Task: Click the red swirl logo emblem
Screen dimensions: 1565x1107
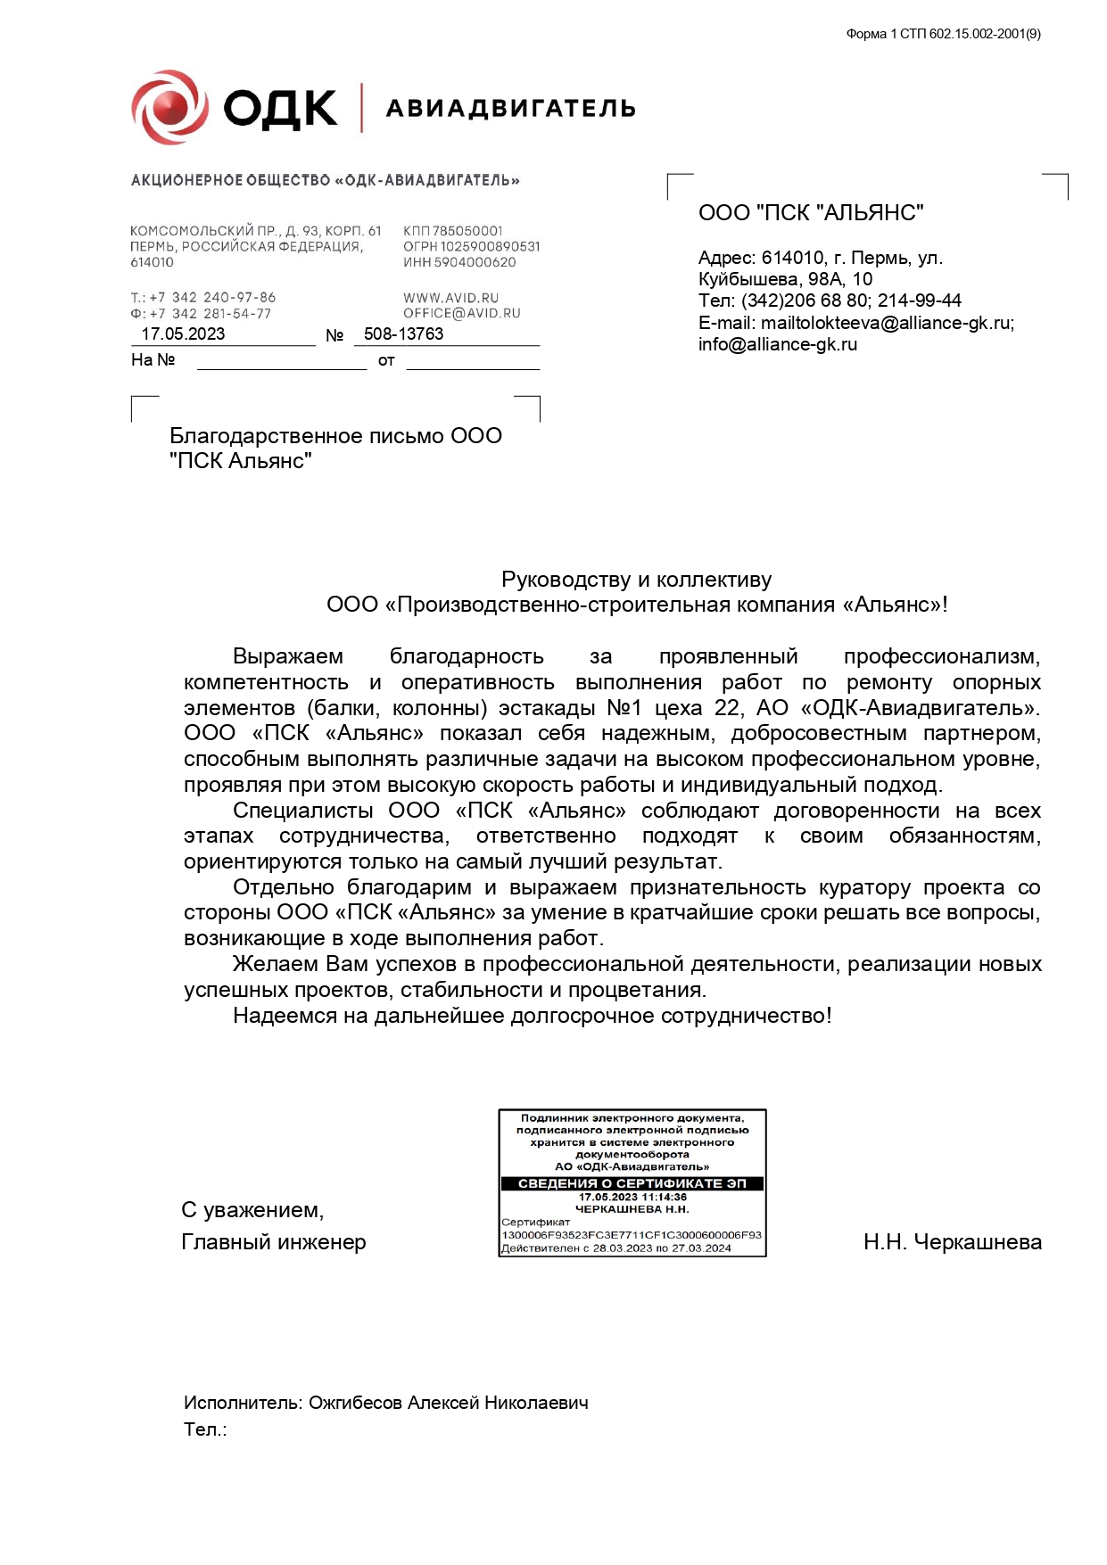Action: click(x=169, y=108)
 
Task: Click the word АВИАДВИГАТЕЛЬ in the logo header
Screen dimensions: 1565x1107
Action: click(x=510, y=109)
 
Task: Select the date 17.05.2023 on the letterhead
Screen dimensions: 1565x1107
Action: click(x=183, y=334)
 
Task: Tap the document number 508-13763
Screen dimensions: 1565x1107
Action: click(x=403, y=334)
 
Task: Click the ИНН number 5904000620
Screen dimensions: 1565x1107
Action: click(x=459, y=262)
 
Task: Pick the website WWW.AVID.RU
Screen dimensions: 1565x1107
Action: click(x=450, y=298)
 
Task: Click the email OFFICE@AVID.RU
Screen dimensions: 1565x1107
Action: click(x=461, y=314)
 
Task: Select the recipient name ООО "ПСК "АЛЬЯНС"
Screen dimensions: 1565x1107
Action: click(x=810, y=213)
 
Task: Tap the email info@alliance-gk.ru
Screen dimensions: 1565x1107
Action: click(x=777, y=345)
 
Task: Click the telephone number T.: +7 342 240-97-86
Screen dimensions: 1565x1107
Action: click(x=203, y=298)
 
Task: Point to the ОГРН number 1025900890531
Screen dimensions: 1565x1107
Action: click(x=471, y=246)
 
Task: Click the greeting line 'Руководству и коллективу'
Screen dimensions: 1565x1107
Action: click(x=636, y=580)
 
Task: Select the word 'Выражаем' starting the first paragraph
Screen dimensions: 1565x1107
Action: click(x=287, y=657)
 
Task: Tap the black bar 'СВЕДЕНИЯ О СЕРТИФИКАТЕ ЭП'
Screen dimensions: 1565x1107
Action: click(x=632, y=1183)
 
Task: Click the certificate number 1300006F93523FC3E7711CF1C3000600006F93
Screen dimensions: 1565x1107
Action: click(x=632, y=1235)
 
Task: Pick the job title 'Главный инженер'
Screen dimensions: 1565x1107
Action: click(x=273, y=1242)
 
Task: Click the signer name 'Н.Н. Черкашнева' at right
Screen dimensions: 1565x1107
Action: click(x=952, y=1242)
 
